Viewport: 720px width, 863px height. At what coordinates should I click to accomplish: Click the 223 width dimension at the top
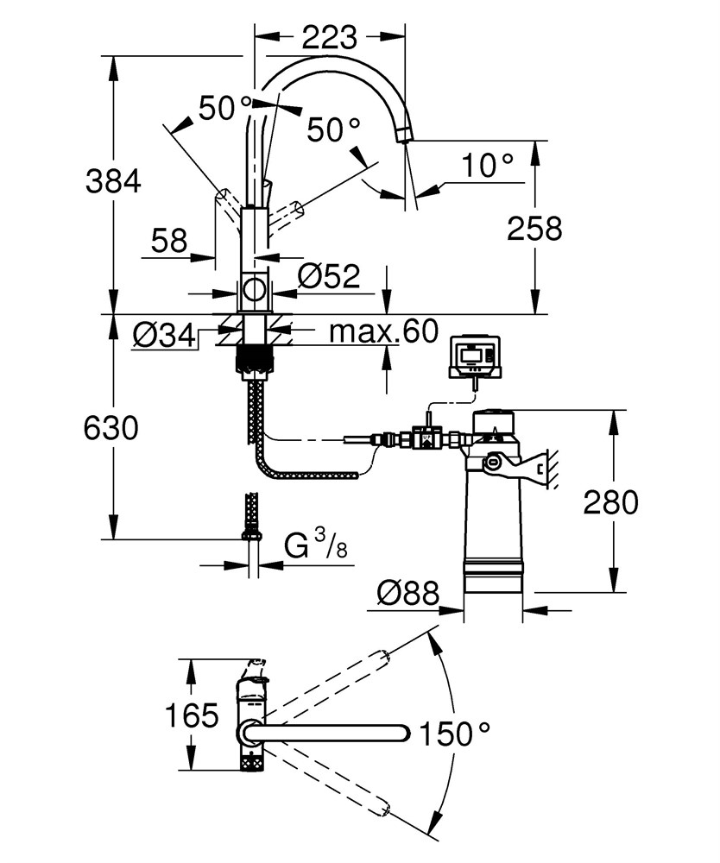click(329, 37)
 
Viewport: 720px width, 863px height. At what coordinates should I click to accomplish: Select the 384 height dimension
click(113, 181)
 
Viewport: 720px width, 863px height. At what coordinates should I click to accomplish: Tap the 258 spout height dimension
click(534, 228)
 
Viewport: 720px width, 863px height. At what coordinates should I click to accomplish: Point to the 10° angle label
click(488, 165)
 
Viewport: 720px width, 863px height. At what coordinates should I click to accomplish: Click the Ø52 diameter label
click(329, 276)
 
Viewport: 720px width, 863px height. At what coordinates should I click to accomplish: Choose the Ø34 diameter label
click(164, 335)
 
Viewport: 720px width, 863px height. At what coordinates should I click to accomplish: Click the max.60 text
click(384, 331)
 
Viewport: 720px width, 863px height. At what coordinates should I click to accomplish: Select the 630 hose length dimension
click(111, 428)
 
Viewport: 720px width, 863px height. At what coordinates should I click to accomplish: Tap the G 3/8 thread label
click(316, 544)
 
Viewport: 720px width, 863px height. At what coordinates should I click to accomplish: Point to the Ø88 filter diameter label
click(409, 593)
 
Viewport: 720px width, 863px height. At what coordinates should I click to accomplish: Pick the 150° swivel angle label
click(455, 734)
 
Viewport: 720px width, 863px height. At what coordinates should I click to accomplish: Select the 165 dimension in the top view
click(193, 716)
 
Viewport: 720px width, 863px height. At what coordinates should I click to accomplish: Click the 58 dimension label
click(169, 241)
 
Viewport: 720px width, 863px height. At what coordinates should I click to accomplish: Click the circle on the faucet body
click(255, 289)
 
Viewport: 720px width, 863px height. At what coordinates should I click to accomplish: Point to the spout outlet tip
click(405, 135)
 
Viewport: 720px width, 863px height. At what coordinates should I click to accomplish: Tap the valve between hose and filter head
click(426, 438)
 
